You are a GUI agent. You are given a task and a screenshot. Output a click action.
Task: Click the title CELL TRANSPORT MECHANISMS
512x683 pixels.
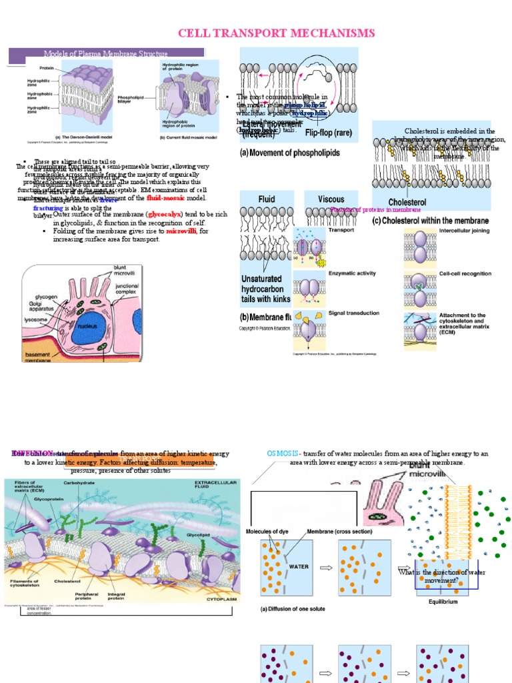tap(275, 33)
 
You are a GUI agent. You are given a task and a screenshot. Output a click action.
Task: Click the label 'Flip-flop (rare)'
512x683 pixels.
tap(328, 133)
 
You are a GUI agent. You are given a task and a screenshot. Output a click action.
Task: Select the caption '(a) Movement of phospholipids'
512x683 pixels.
tap(289, 153)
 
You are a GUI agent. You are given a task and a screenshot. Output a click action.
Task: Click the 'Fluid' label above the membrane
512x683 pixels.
tap(266, 199)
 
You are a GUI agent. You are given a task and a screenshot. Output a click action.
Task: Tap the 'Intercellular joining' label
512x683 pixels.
tap(464, 231)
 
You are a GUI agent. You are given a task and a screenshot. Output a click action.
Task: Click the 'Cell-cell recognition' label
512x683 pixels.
tap(465, 273)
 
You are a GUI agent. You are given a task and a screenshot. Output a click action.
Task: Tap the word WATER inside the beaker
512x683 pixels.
tap(298, 566)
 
